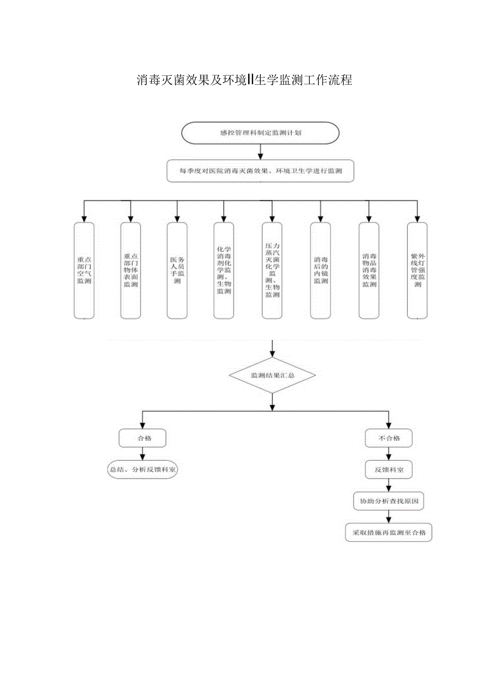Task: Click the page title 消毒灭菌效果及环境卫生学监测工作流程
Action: [x=245, y=81]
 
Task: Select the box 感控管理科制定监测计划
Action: [x=260, y=133]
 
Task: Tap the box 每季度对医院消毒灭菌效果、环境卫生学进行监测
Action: [x=260, y=171]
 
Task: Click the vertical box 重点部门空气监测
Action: [x=84, y=270]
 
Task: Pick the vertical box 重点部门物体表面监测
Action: [x=130, y=270]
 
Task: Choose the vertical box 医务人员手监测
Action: [x=177, y=270]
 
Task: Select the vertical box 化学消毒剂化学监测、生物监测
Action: [x=224, y=270]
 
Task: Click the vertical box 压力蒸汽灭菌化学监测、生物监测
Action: [x=272, y=270]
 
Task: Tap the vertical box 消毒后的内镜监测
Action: [x=320, y=270]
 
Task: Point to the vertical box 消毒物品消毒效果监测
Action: [x=369, y=270]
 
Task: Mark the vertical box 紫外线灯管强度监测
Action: [x=417, y=270]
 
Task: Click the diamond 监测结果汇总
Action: [x=272, y=375]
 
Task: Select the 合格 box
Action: [x=142, y=439]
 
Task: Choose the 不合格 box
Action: [x=389, y=439]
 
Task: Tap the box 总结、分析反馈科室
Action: [x=142, y=469]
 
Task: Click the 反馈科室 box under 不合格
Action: [x=389, y=469]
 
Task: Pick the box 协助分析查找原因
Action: [x=389, y=501]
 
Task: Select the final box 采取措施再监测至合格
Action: [x=389, y=532]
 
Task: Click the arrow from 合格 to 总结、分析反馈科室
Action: [x=142, y=454]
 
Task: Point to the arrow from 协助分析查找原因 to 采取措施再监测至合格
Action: [x=389, y=517]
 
